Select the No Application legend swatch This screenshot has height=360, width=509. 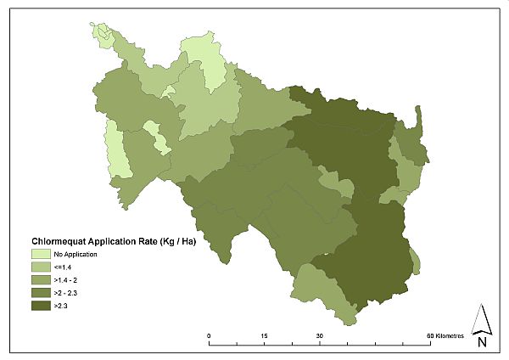coord(41,254)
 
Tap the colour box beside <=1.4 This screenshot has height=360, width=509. coord(41,267)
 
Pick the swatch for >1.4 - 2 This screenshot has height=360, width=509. coord(41,279)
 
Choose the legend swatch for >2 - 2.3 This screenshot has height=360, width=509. coord(41,292)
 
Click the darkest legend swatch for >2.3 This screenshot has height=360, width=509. coord(41,305)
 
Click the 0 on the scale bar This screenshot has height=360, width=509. coord(210,336)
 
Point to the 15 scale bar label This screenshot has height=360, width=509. coord(265,336)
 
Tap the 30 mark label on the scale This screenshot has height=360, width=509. coord(320,336)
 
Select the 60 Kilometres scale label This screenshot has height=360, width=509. coord(445,336)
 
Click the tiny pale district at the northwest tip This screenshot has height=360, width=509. coord(100,31)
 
